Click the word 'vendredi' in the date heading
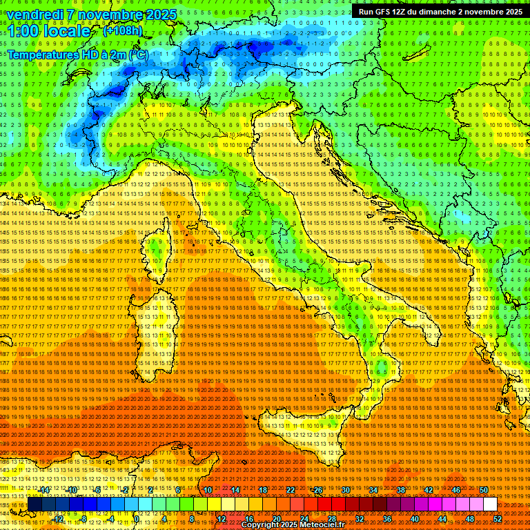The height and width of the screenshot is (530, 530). (x=36, y=14)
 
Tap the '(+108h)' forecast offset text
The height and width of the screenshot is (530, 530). (x=123, y=30)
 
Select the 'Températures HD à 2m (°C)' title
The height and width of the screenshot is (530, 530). (x=77, y=55)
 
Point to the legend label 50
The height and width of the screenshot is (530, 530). (x=483, y=490)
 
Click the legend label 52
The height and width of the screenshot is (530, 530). (x=498, y=518)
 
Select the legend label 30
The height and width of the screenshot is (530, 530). (x=345, y=490)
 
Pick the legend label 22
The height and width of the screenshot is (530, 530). (x=290, y=490)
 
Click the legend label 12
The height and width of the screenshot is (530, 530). (x=222, y=518)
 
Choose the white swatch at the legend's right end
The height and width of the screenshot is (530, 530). (x=490, y=504)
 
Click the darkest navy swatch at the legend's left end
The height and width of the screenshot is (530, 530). (x=35, y=504)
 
